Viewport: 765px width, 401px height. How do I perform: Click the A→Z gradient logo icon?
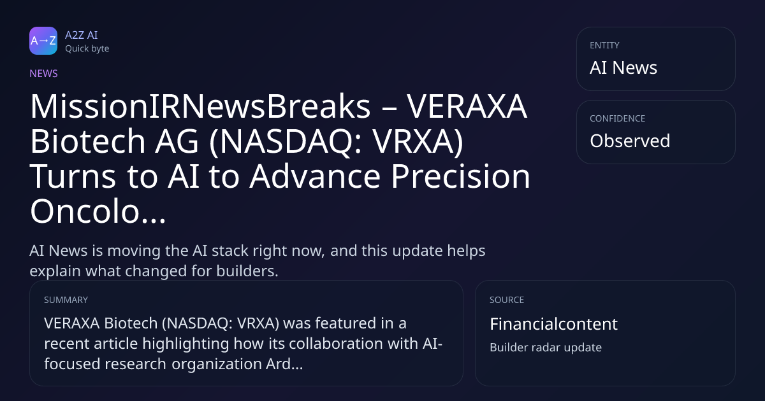pyautogui.click(x=43, y=41)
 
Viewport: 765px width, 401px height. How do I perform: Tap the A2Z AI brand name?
pyautogui.click(x=82, y=35)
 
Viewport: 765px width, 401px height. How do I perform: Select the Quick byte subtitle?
pyautogui.click(x=87, y=48)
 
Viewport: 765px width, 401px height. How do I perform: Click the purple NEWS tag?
pyautogui.click(x=44, y=73)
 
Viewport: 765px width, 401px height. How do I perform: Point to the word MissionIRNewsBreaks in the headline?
pyautogui.click(x=200, y=106)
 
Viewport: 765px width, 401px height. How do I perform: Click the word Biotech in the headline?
pyautogui.click(x=88, y=141)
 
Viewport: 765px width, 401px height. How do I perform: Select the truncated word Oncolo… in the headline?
pyautogui.click(x=98, y=211)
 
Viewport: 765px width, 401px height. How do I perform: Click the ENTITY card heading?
pyautogui.click(x=604, y=45)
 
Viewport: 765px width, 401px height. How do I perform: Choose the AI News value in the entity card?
pyautogui.click(x=623, y=67)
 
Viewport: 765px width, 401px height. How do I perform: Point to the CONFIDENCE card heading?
pyautogui.click(x=618, y=118)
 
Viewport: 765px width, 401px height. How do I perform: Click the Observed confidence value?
pyautogui.click(x=630, y=141)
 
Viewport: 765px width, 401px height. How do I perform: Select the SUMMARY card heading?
pyautogui.click(x=66, y=300)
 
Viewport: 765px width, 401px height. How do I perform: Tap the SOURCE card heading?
pyautogui.click(x=507, y=300)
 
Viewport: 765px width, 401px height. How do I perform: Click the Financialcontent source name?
pyautogui.click(x=553, y=323)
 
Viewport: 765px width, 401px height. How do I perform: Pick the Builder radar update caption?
pyautogui.click(x=546, y=347)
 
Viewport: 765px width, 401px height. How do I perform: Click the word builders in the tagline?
pyautogui.click(x=247, y=271)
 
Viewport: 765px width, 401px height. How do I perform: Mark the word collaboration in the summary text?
pyautogui.click(x=336, y=343)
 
